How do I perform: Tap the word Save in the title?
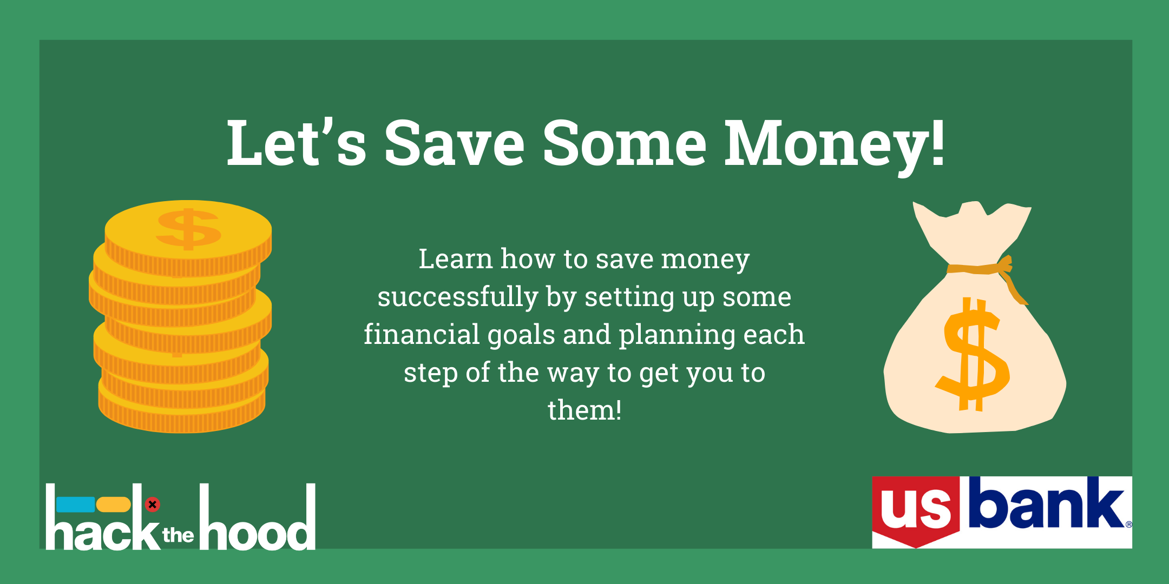[x=455, y=143]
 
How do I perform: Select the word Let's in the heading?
[x=297, y=142]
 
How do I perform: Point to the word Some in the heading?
[x=625, y=143]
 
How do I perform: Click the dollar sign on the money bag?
[x=973, y=354]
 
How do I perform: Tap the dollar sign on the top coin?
[x=189, y=229]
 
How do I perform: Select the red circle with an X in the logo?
[x=153, y=505]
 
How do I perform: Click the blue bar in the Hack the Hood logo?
[x=75, y=505]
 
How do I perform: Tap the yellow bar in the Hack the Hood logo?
[x=114, y=505]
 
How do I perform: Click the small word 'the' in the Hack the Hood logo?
[x=178, y=535]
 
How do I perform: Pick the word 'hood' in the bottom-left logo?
[x=258, y=517]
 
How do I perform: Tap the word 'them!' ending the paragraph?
[x=584, y=410]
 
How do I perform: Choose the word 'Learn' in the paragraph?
[x=455, y=258]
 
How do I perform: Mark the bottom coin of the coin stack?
[x=182, y=411]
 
